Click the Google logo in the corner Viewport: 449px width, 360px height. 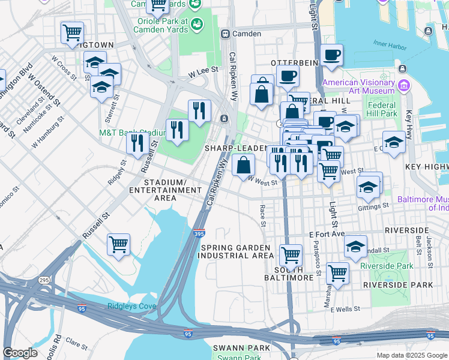(20, 353)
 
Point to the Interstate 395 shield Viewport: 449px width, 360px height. (199, 234)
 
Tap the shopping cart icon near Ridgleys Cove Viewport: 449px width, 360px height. (118, 244)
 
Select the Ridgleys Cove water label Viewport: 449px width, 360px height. (132, 306)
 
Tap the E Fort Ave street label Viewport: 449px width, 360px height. (328, 233)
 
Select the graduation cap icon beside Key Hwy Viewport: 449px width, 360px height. (393, 142)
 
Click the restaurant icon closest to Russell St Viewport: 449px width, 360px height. (137, 143)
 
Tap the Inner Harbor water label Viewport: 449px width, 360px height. (389, 43)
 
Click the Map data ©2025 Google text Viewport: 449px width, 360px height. (411, 355)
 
